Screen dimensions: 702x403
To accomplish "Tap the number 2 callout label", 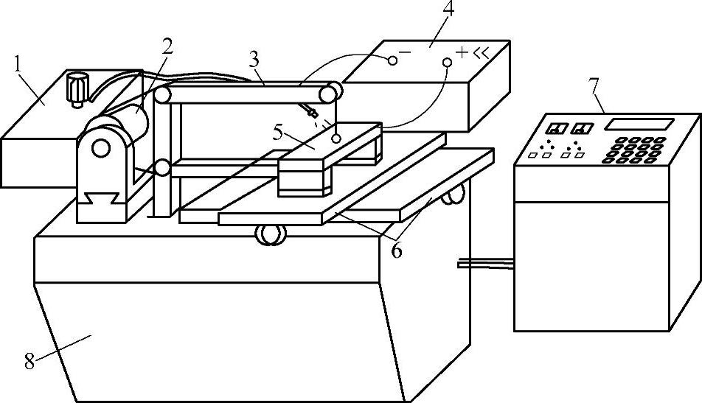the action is [168, 46].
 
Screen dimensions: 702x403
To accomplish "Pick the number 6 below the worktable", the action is [397, 250].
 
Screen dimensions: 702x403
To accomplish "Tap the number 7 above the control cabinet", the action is [594, 84].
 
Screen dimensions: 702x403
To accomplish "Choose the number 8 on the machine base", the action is [29, 361].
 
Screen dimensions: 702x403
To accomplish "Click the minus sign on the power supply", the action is [404, 50].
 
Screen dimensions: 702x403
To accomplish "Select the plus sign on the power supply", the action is [462, 52].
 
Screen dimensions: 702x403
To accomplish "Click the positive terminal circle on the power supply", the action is [447, 64].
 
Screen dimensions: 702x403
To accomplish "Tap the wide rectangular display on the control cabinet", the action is [639, 123].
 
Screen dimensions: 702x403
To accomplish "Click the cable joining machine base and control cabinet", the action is [485, 263].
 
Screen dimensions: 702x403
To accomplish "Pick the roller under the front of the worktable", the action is [271, 235].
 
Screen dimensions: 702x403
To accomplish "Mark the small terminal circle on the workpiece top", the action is [336, 138].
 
